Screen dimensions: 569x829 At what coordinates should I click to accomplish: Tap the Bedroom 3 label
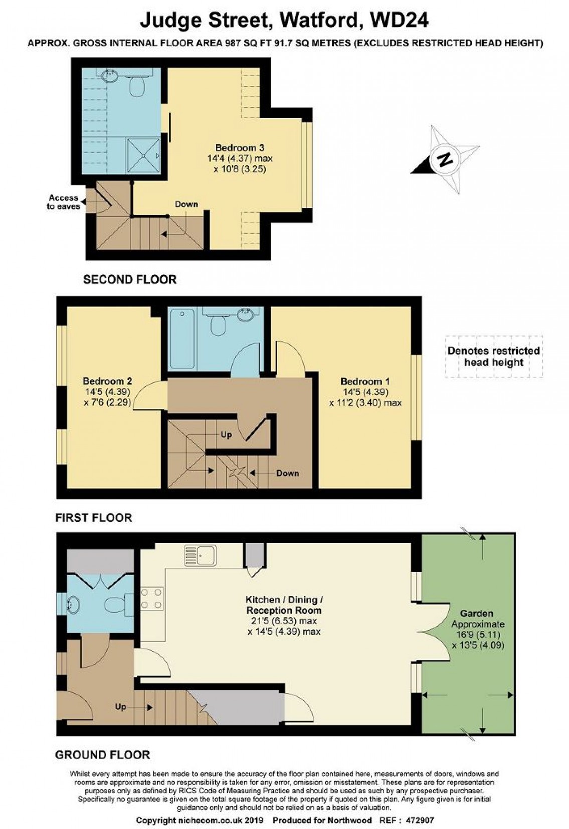coord(240,148)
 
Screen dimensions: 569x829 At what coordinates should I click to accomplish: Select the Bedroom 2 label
coord(107,381)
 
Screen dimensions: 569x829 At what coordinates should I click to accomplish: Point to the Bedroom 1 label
coord(365,381)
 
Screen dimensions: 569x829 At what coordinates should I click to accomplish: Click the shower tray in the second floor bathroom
coord(144,155)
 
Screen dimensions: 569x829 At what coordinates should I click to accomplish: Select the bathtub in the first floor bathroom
coord(182,339)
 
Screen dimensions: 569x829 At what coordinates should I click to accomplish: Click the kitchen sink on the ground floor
coord(200,555)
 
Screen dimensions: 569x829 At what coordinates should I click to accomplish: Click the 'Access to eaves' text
coord(63,202)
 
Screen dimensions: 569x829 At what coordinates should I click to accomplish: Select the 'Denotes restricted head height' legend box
coord(494,357)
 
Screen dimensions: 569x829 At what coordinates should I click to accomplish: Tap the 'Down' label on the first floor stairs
coord(288,473)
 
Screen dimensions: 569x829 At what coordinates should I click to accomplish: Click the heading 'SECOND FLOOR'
coord(130,280)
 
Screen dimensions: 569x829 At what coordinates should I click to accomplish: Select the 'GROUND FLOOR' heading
coord(103,755)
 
